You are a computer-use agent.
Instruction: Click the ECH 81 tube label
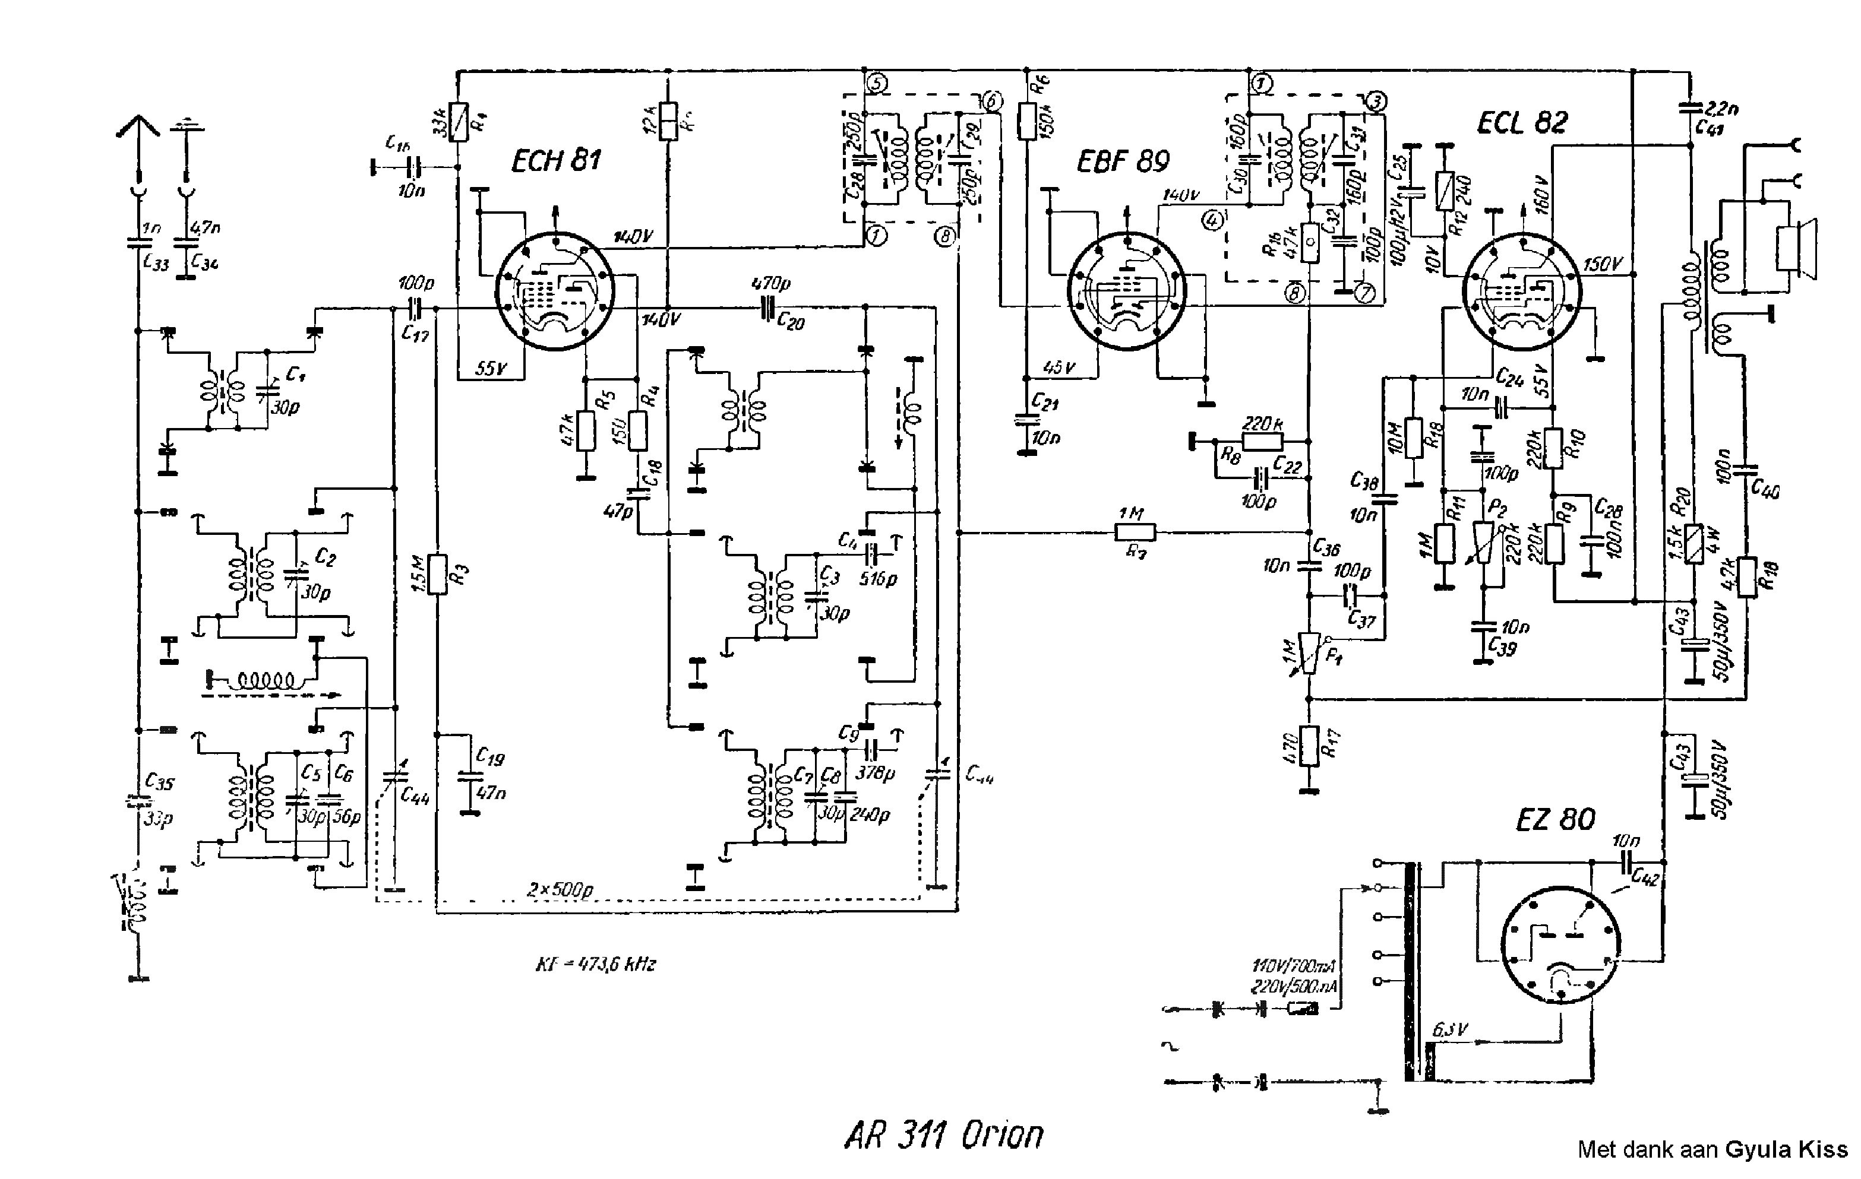click(555, 161)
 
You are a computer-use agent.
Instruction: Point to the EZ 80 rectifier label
click(1555, 819)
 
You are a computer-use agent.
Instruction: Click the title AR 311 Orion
click(944, 1135)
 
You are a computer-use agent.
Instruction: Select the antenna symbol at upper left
click(138, 128)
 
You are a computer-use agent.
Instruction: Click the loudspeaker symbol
click(1797, 248)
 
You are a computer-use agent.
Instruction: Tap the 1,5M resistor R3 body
click(437, 574)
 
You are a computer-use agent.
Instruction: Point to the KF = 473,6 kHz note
click(595, 964)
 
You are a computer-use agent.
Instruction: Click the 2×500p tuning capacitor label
click(560, 889)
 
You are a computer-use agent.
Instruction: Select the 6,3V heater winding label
click(1450, 1031)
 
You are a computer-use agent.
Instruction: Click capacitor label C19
click(490, 757)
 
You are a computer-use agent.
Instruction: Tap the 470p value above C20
click(770, 284)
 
